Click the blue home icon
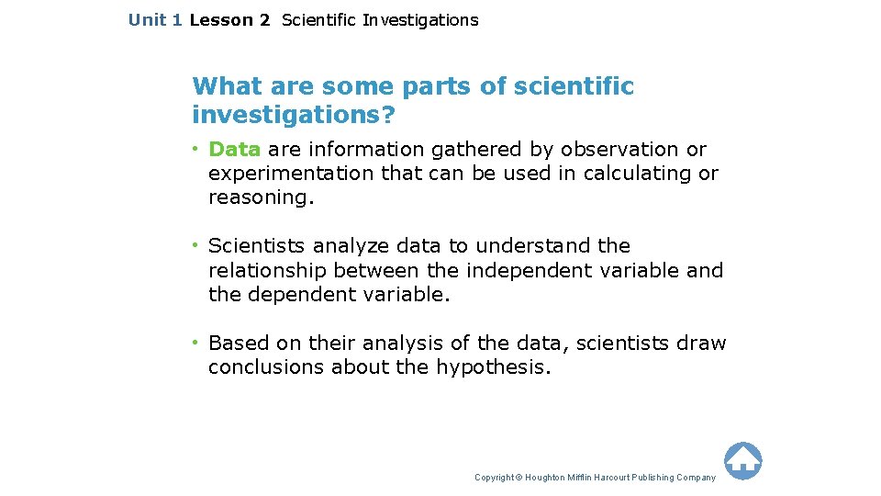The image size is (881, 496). tap(742, 460)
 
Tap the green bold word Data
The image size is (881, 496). tap(235, 149)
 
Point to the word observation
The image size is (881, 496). tap(621, 149)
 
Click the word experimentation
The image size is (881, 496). tap(292, 173)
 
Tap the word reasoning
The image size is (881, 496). tap(261, 197)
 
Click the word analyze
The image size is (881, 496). tap(351, 246)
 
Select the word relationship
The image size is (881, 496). tap(268, 270)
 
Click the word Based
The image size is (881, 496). tap(238, 344)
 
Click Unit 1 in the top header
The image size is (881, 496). tap(155, 19)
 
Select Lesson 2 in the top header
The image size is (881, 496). tap(229, 19)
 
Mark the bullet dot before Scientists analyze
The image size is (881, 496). tap(195, 245)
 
